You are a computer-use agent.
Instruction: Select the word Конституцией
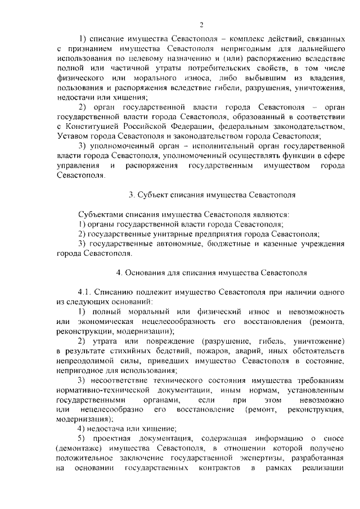(88, 126)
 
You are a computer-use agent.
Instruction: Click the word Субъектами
(97, 214)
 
